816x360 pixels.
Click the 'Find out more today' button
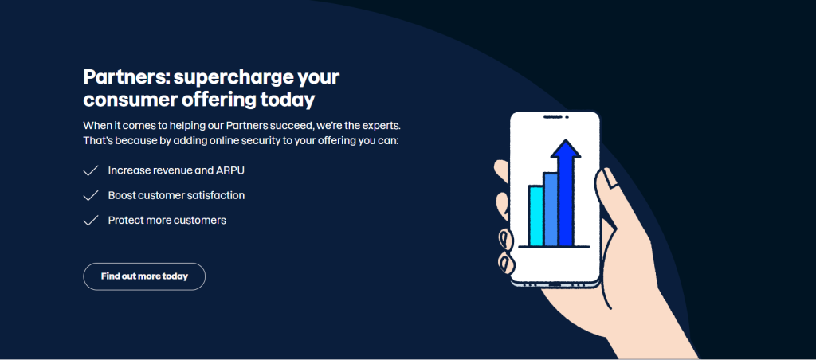click(144, 276)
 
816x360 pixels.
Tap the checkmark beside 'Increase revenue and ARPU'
click(91, 170)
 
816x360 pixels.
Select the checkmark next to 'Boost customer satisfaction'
click(91, 196)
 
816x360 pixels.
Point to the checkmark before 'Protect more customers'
click(91, 221)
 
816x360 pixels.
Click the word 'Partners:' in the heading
click(125, 77)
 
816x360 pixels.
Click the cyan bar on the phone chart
click(536, 215)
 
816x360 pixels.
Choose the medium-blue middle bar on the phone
click(551, 209)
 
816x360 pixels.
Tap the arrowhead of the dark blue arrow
click(566, 148)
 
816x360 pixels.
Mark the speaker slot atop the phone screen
click(555, 117)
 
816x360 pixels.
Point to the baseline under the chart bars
click(554, 247)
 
